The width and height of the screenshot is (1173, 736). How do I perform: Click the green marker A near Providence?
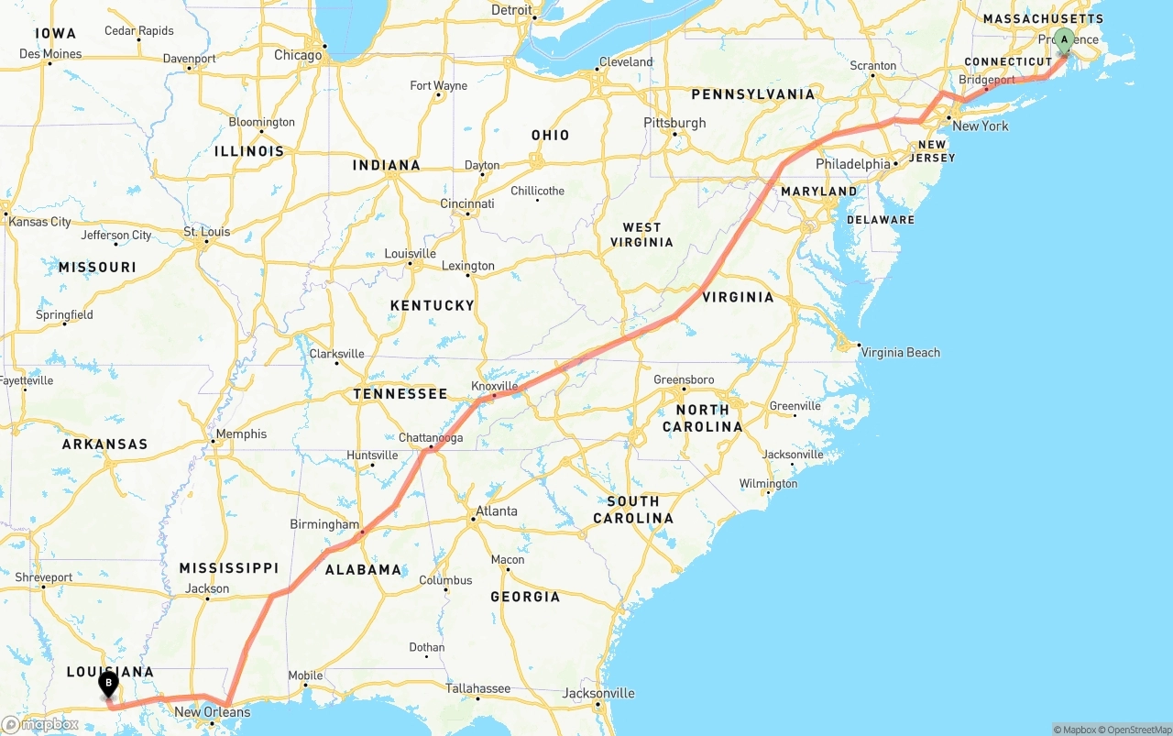click(x=1064, y=40)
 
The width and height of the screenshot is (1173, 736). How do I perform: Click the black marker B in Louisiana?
click(x=108, y=684)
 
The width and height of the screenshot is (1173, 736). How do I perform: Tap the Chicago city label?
click(x=298, y=55)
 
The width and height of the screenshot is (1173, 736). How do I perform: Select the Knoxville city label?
click(x=495, y=386)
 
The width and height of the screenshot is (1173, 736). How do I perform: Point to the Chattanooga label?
click(x=431, y=438)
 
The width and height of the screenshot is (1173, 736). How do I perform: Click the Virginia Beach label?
click(x=901, y=352)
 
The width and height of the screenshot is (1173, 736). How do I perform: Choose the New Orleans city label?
click(x=212, y=712)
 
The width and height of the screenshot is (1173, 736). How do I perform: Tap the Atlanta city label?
click(x=497, y=511)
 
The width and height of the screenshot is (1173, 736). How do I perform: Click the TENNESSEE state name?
click(x=400, y=394)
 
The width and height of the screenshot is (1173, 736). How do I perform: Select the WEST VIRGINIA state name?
click(x=641, y=235)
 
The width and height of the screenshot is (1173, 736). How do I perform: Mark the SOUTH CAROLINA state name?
click(x=632, y=510)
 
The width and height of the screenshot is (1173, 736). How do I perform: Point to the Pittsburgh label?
click(x=674, y=123)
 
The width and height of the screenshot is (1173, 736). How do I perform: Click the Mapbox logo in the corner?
click(x=39, y=724)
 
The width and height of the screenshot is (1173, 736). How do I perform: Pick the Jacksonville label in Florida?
click(x=598, y=693)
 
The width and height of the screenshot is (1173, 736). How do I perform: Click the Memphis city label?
click(x=241, y=434)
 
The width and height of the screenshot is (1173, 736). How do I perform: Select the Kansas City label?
click(x=39, y=222)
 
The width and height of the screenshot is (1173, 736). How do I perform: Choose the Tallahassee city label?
click(x=477, y=688)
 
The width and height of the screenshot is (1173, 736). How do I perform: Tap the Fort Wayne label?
click(x=438, y=86)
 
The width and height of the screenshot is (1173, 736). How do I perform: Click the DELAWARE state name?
click(x=880, y=220)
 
